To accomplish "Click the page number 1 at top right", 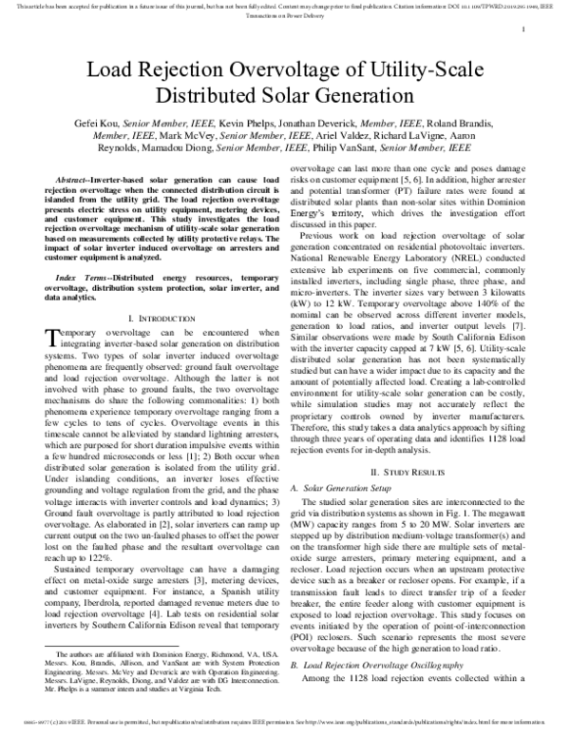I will click(x=523, y=30).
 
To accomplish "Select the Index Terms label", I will click(x=80, y=274).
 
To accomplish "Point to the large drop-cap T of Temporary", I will click(x=51, y=339).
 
